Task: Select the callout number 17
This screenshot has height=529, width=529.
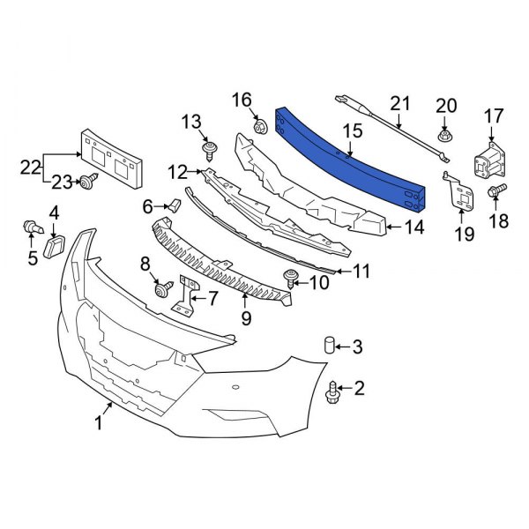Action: [x=493, y=115]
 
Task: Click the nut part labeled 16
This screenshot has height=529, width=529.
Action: [x=260, y=127]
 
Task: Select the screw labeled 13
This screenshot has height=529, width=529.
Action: [x=210, y=150]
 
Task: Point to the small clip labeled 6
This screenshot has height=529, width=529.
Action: [x=174, y=206]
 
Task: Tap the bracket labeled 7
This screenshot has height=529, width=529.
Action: [x=186, y=297]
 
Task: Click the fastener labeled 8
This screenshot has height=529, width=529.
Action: [x=162, y=288]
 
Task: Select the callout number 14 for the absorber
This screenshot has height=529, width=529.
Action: [x=414, y=227]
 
